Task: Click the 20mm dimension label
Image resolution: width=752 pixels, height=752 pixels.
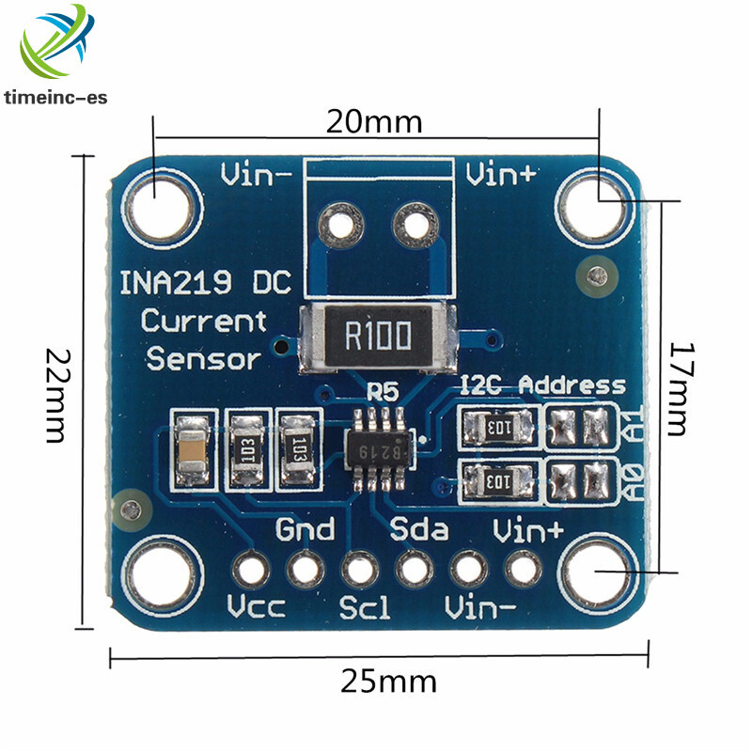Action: click(x=374, y=121)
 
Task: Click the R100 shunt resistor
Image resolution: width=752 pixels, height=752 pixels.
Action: click(x=377, y=334)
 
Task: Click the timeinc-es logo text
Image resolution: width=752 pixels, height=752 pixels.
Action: click(x=56, y=97)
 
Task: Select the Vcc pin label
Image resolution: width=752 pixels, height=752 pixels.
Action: click(x=256, y=607)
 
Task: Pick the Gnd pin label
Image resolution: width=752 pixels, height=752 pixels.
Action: click(x=305, y=529)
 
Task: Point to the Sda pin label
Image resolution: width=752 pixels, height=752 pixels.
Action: click(x=420, y=529)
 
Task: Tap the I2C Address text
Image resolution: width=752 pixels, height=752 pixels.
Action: click(x=542, y=384)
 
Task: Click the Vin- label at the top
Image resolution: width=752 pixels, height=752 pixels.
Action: click(x=255, y=175)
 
